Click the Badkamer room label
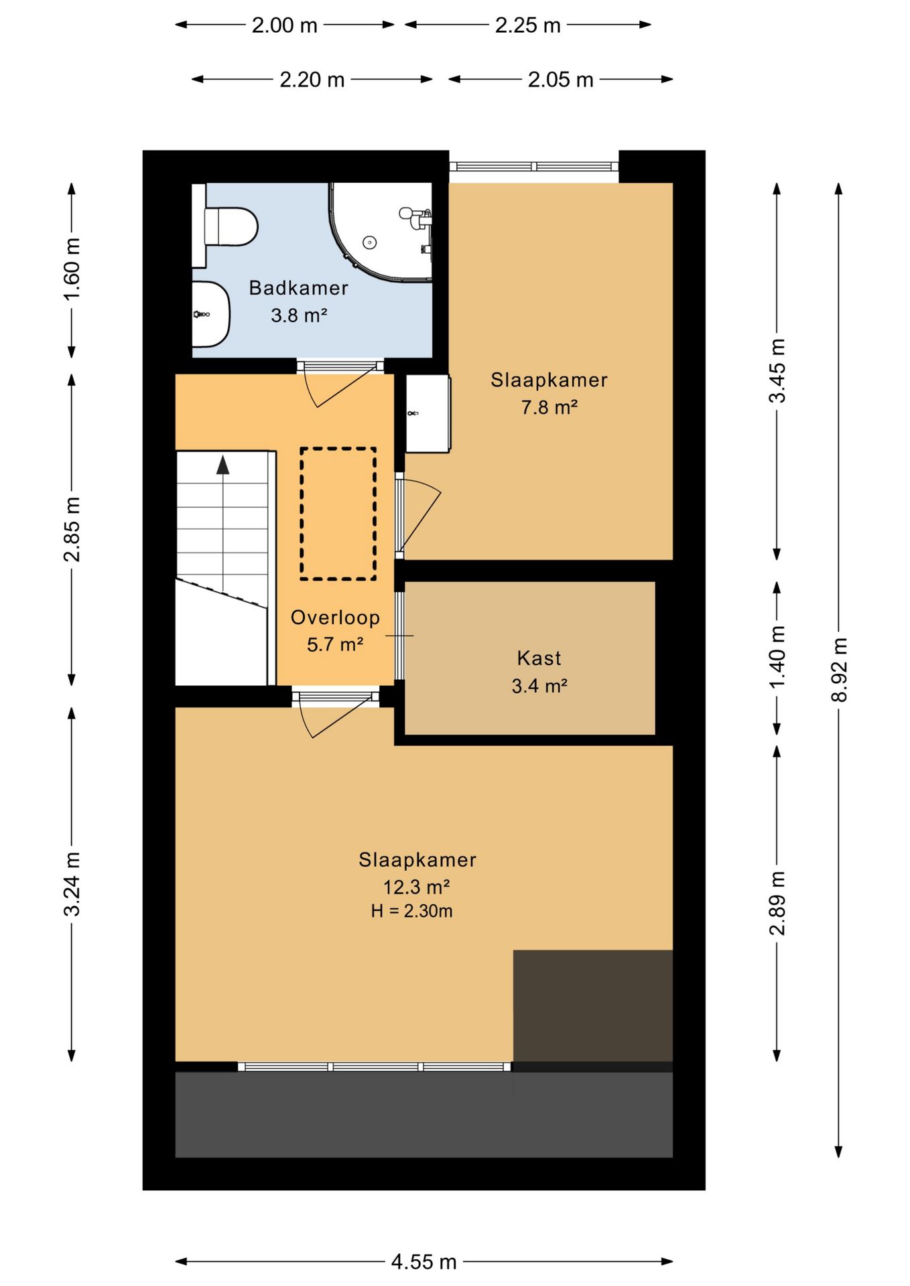(x=298, y=288)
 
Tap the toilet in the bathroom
(x=226, y=226)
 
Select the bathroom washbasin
(x=211, y=314)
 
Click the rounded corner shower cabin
(x=380, y=232)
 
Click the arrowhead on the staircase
(x=223, y=464)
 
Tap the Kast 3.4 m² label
(x=539, y=672)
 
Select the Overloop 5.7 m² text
(x=335, y=631)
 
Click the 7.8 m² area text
(x=549, y=407)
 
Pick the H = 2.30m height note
(x=411, y=911)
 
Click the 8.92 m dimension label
(x=840, y=670)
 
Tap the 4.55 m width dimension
(x=424, y=1262)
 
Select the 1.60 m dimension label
(x=72, y=269)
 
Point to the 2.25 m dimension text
(x=528, y=25)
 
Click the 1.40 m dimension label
(x=777, y=657)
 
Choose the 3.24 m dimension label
(x=72, y=884)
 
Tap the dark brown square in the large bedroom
(x=593, y=1005)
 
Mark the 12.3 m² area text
(x=416, y=887)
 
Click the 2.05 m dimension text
(x=561, y=80)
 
